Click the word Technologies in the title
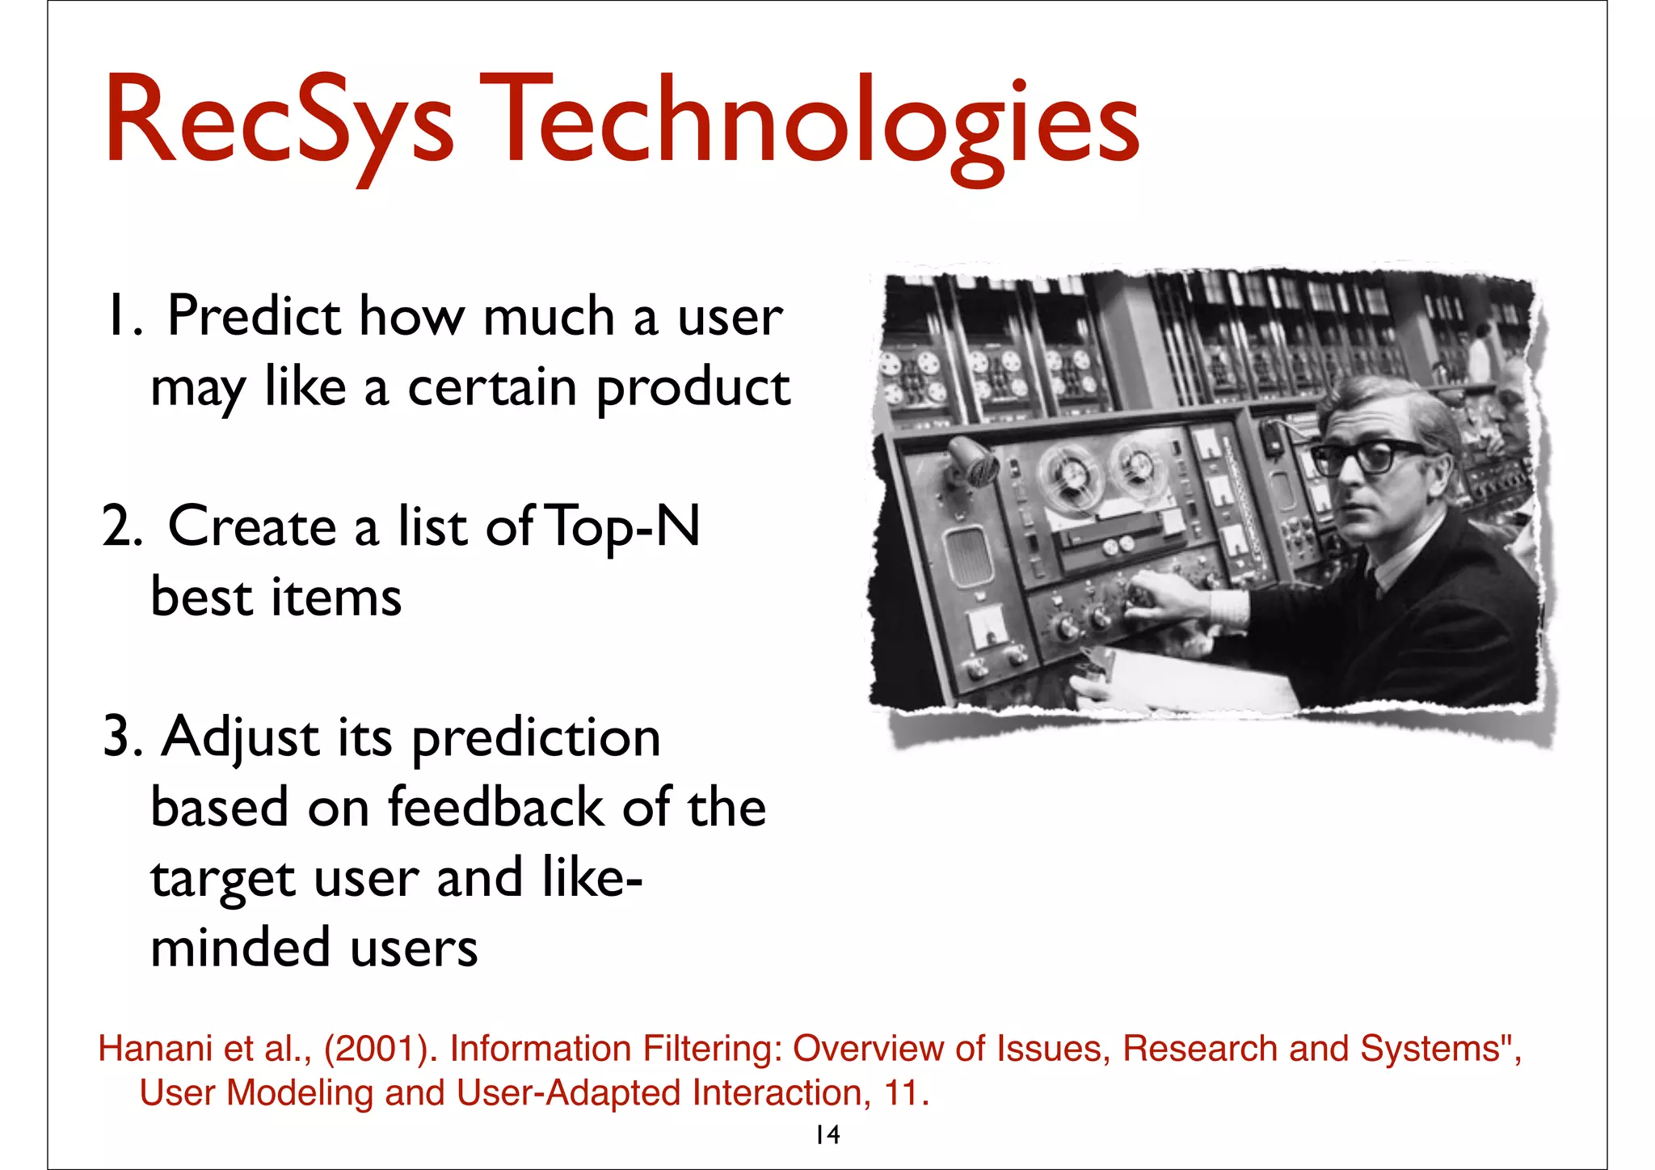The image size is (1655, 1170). [808, 121]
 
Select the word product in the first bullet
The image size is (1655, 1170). [693, 388]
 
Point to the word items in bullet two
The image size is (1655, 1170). [335, 598]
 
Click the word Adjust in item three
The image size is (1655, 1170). [240, 737]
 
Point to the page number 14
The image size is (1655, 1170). [827, 1134]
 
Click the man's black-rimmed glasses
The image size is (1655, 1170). [1366, 455]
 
